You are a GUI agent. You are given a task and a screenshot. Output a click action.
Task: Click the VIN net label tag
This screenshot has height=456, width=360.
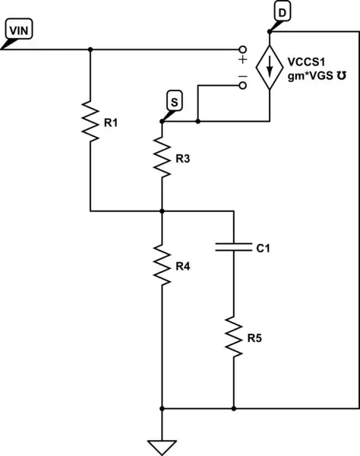coord(18,31)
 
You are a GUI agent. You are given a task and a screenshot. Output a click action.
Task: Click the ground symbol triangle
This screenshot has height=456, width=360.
coord(163,445)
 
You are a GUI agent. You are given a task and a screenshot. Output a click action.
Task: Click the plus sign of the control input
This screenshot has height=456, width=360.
coord(242,59)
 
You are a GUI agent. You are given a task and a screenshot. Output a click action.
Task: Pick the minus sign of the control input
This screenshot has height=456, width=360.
coord(242,76)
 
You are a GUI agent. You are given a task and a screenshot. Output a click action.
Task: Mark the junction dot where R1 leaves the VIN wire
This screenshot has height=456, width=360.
coord(90,49)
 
